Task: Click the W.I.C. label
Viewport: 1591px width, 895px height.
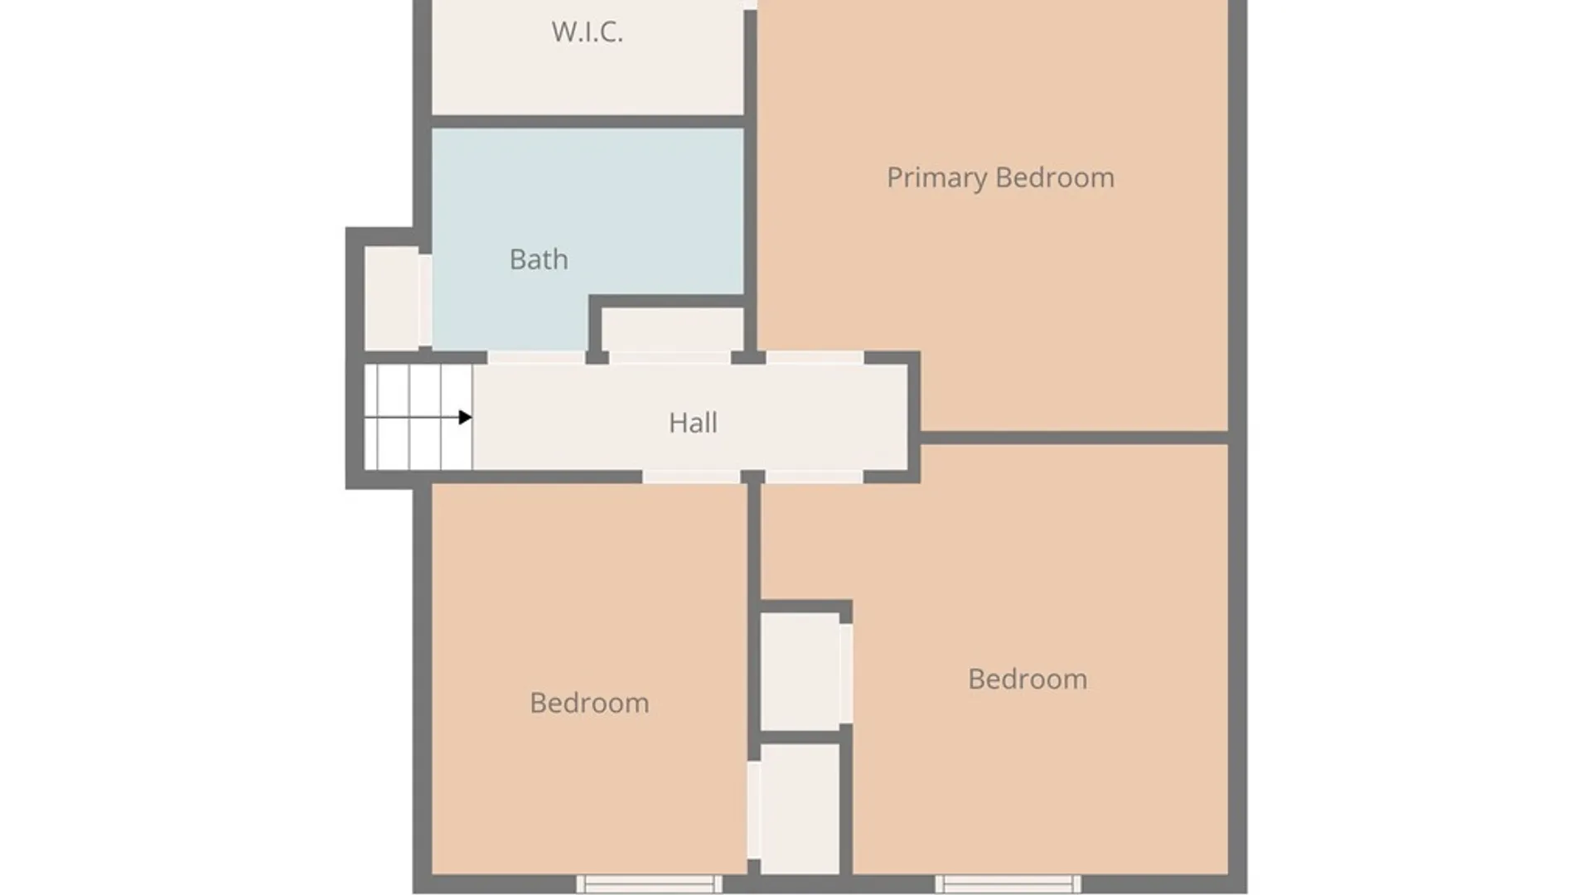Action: [587, 31]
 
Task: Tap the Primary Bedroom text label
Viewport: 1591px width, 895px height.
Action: [1000, 177]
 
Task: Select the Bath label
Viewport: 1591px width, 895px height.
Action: [539, 259]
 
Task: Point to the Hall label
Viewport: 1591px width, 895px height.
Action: [693, 423]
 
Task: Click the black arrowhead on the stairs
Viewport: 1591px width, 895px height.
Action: [466, 417]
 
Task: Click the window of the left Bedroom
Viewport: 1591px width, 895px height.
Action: [650, 884]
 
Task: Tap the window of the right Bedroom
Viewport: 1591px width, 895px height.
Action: [1008, 884]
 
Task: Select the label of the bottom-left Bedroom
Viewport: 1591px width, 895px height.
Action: [589, 703]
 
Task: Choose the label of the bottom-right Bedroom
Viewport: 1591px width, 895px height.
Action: [1028, 679]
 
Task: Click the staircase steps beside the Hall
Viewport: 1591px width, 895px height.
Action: [418, 417]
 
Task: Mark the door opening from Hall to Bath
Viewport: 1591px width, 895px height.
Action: [536, 357]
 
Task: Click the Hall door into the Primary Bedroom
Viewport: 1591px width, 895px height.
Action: [815, 357]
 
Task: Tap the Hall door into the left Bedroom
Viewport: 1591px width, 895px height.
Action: [691, 477]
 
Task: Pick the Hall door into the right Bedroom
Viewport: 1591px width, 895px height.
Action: [814, 477]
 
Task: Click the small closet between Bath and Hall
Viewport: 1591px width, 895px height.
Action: [672, 330]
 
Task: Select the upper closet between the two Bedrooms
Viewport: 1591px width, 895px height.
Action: [800, 671]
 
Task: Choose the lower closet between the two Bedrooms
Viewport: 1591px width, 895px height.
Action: [800, 809]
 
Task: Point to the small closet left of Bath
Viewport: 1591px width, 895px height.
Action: [392, 298]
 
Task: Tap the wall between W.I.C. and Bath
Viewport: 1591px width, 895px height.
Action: [588, 122]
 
